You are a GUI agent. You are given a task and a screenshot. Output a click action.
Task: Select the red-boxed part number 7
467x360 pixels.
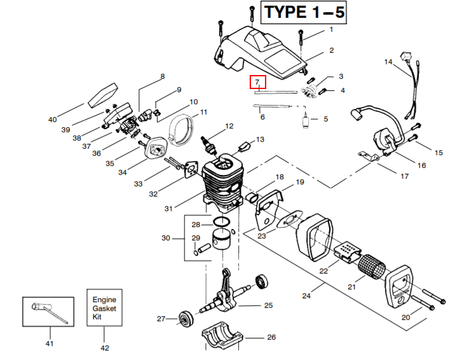[x=257, y=82]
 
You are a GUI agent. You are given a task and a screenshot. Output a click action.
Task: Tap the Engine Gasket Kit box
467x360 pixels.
[x=105, y=308]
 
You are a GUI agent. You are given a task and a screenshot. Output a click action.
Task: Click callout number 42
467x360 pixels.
[x=105, y=347]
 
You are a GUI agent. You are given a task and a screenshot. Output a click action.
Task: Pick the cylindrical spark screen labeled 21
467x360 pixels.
[x=370, y=263]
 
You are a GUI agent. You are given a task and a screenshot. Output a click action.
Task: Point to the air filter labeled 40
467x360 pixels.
[x=101, y=95]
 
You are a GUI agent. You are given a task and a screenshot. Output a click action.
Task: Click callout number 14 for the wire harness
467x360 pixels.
[x=389, y=62]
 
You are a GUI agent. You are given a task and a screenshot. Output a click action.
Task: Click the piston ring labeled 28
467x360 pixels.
[x=220, y=223]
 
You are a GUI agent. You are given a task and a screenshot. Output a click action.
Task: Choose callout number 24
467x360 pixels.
[x=306, y=296]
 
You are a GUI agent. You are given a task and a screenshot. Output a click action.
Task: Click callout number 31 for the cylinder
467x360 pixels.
[x=168, y=209]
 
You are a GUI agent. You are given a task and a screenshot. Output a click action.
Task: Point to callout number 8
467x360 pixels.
[x=162, y=76]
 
